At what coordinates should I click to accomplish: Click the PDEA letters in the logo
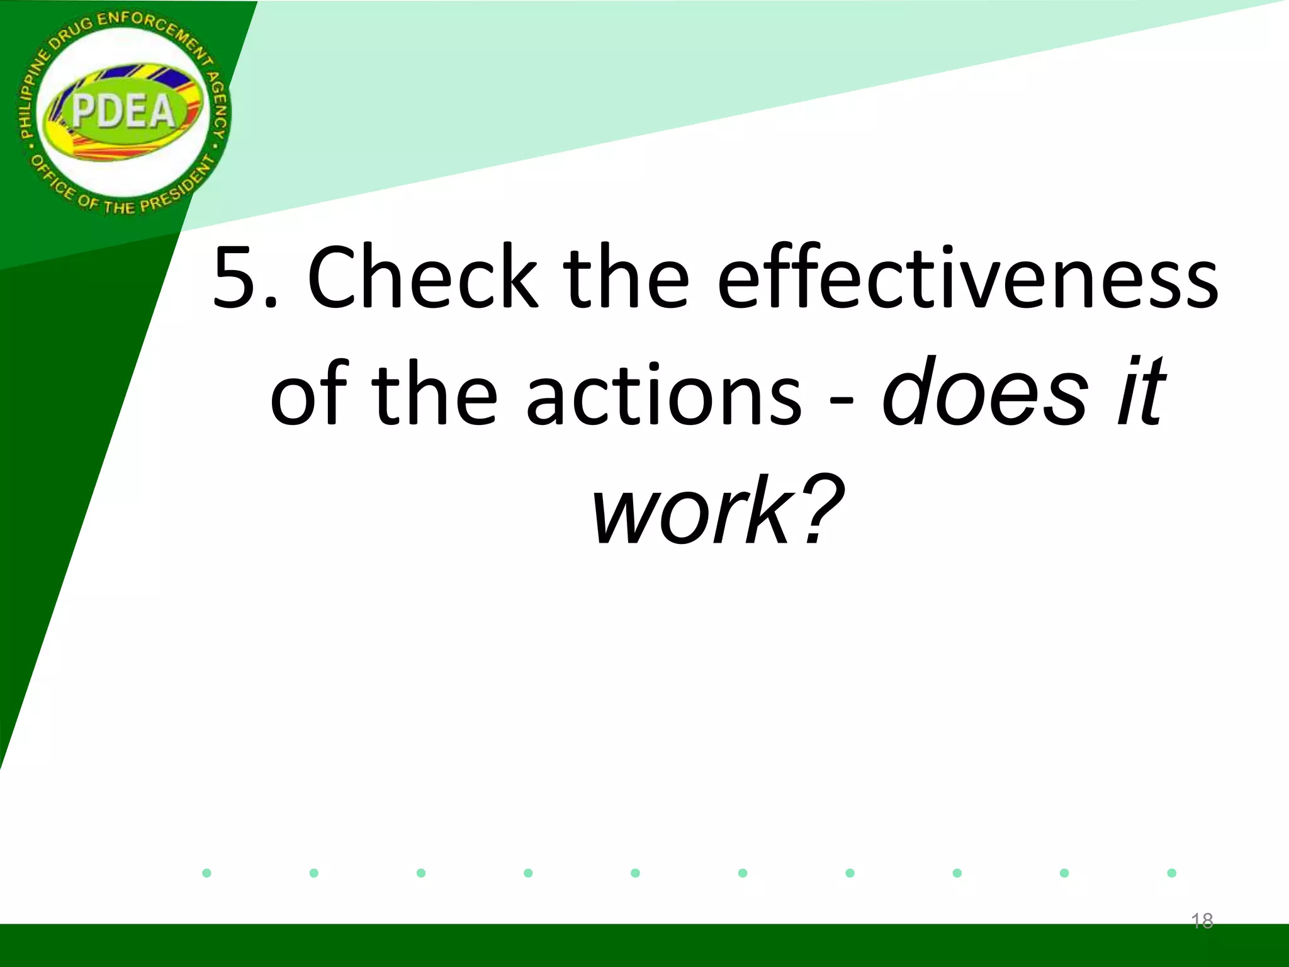click(123, 112)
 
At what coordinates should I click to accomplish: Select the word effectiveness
click(967, 277)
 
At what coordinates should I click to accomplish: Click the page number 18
click(1202, 921)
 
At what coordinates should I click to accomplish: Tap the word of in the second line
click(308, 393)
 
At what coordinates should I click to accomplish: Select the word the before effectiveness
click(626, 277)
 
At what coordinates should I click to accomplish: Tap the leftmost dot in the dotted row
click(206, 873)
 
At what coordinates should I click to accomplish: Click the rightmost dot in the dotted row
click(1171, 873)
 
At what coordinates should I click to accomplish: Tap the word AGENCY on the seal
click(217, 104)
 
